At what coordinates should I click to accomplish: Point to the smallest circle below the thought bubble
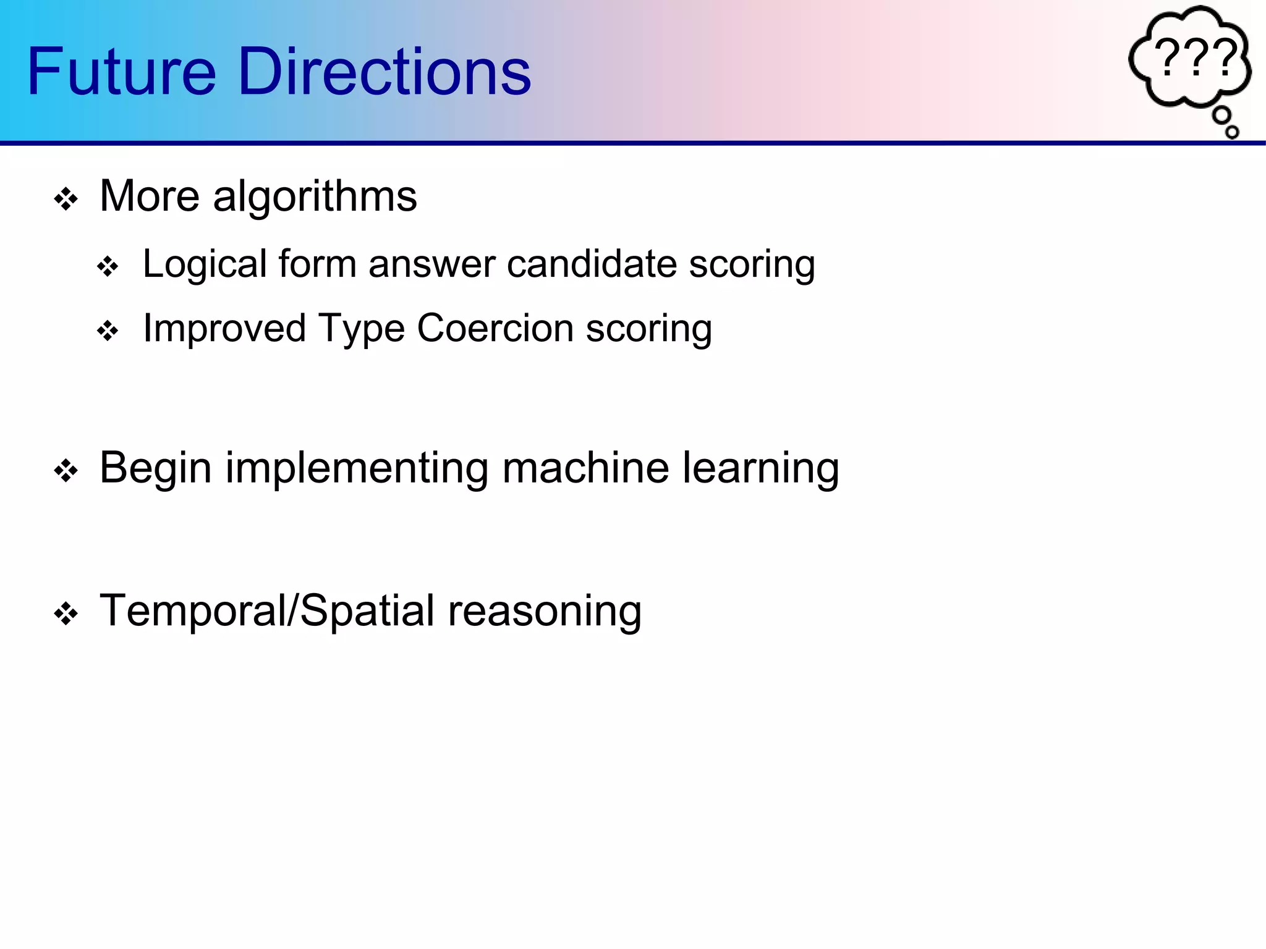pos(1231,132)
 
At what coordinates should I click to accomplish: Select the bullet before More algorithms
pos(66,200)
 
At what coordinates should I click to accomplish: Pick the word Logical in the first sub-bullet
pos(205,265)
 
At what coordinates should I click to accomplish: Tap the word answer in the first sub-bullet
pos(431,265)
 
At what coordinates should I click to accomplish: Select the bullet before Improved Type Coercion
pos(108,331)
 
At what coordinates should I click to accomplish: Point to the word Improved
pos(224,329)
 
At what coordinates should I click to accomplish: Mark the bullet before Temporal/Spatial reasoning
pos(66,614)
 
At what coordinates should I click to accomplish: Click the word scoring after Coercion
pos(648,329)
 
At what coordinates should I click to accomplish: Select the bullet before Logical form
pos(108,267)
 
